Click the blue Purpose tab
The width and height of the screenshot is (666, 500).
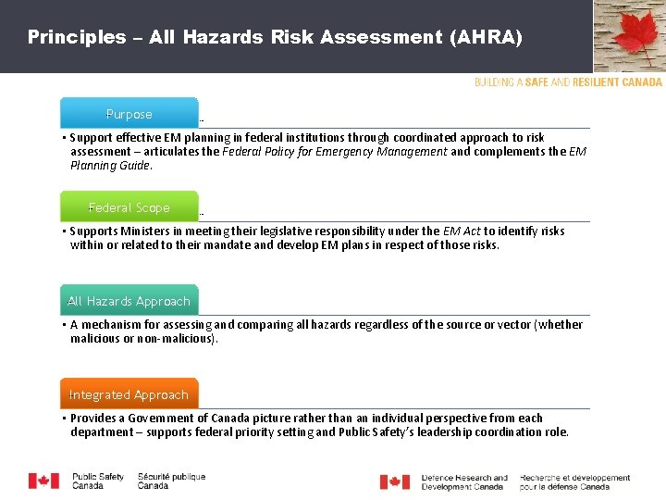[129, 114]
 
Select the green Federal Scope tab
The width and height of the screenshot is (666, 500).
[129, 207]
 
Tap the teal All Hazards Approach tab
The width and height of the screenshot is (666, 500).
[129, 301]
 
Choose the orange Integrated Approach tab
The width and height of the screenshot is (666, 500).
[129, 394]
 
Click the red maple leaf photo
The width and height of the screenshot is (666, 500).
[630, 37]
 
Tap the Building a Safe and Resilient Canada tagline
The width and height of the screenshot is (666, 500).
[568, 82]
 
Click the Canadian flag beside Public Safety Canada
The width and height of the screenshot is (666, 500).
[43, 481]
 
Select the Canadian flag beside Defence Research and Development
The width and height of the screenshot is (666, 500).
[395, 482]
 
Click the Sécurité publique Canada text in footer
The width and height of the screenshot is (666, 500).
[171, 481]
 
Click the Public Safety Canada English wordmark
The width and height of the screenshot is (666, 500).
[98, 481]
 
